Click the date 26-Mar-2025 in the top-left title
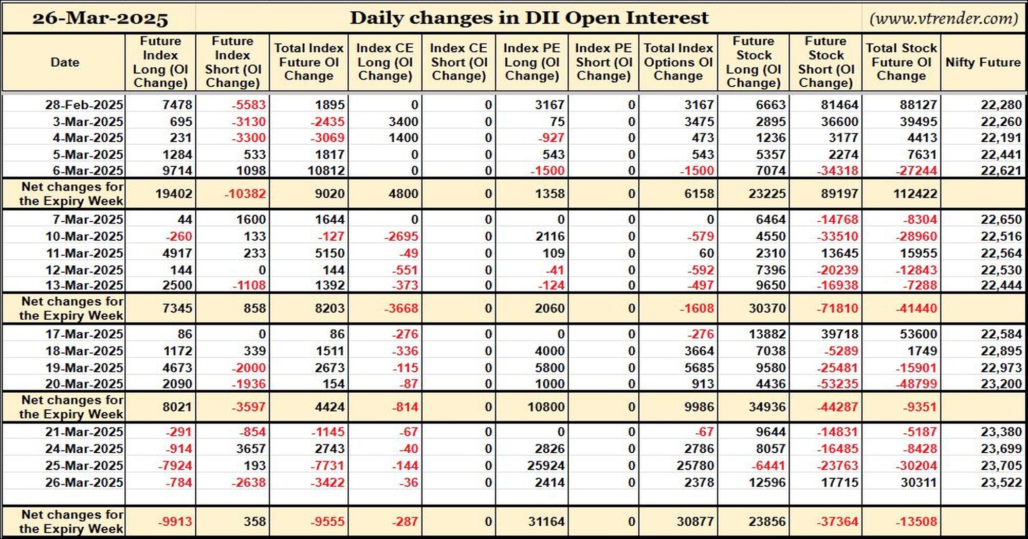click(100, 18)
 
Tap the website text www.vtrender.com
click(944, 18)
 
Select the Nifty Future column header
click(983, 62)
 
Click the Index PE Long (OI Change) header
click(531, 62)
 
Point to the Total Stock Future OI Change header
click(901, 62)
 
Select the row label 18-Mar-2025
click(84, 351)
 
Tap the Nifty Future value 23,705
click(1001, 466)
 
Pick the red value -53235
click(837, 384)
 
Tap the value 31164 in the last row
click(546, 522)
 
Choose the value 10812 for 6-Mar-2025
click(329, 170)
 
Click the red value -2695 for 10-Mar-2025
click(401, 237)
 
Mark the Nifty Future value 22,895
click(1001, 351)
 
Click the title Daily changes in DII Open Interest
click(529, 18)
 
